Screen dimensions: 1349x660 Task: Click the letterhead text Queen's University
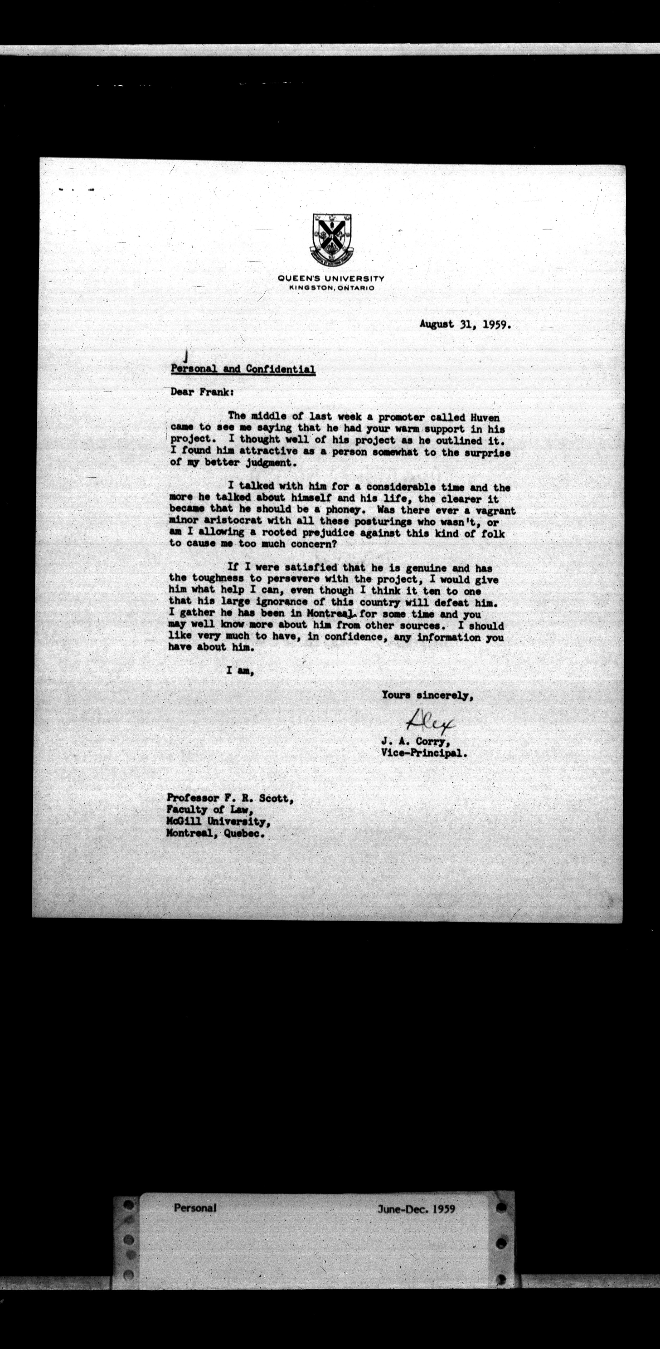coord(331,278)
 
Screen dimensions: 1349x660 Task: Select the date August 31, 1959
coord(465,324)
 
